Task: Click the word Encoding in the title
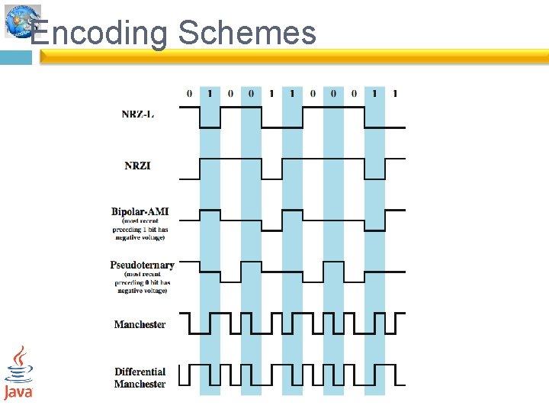(99, 33)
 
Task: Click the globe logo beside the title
(21, 21)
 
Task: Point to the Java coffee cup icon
(19, 364)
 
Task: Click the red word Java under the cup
(18, 391)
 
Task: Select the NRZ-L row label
(137, 114)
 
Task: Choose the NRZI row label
(137, 166)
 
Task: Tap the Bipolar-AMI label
(140, 211)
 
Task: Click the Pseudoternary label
(142, 266)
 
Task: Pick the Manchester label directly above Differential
(140, 324)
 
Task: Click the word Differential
(140, 372)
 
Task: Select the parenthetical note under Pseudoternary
(142, 283)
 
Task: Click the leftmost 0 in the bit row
(189, 94)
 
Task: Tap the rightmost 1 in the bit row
(395, 94)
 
